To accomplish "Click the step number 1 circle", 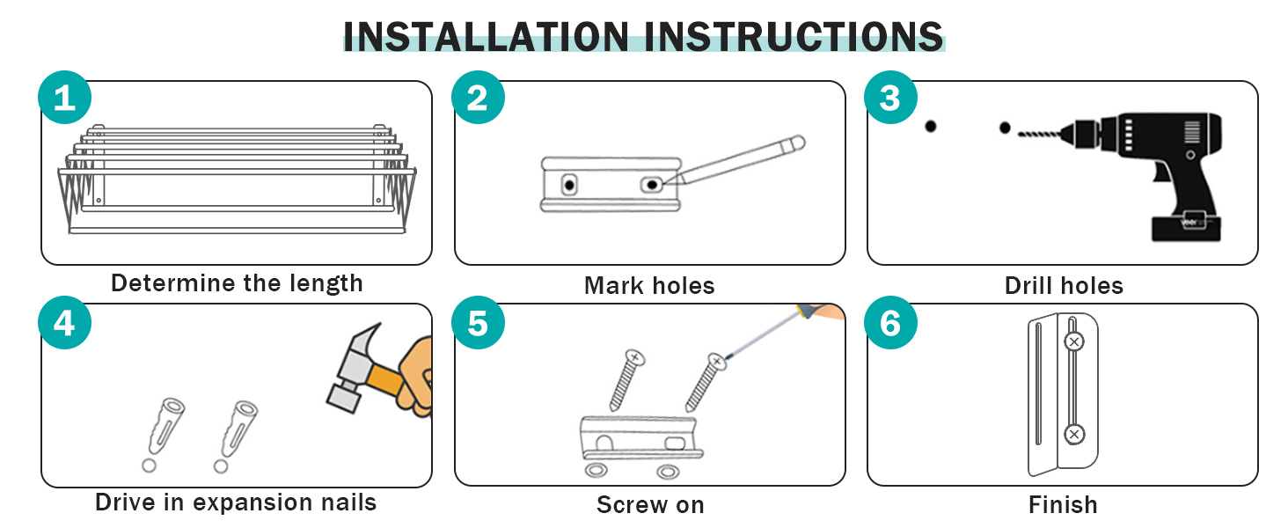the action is point(64,97).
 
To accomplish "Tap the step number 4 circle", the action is point(64,322).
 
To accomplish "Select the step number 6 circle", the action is point(890,322).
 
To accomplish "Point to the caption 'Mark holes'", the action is point(649,285).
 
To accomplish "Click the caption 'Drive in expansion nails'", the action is point(236,502).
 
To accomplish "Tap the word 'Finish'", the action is point(1063,504).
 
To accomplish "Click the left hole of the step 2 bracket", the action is point(569,185).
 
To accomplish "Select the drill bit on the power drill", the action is point(1039,135).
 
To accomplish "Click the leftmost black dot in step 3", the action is point(930,126).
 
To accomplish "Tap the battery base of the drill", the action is point(1186,228).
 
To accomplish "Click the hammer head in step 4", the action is point(352,368).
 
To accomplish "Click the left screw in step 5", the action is point(626,379).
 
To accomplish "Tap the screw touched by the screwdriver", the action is point(706,382).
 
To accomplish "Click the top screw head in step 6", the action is point(1073,341).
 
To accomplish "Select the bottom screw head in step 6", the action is point(1073,434).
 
